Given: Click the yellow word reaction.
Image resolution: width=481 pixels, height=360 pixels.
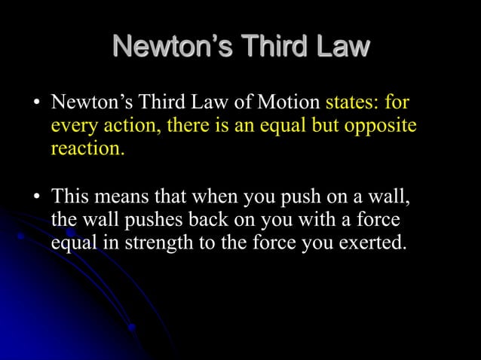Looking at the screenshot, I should click(87, 148).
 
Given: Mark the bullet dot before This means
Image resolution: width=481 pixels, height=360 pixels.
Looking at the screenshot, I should click(35, 198).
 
